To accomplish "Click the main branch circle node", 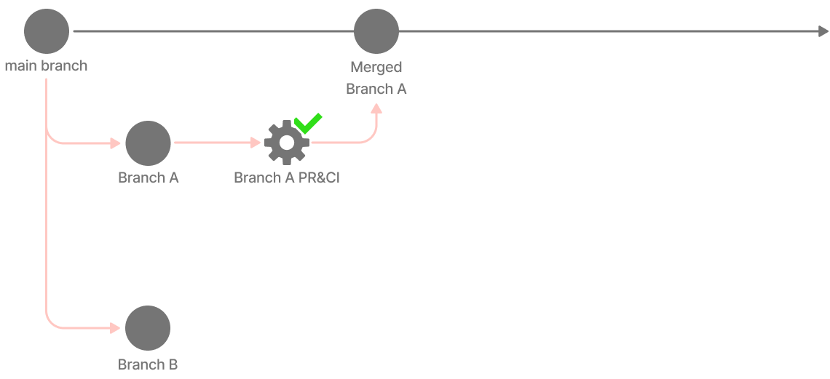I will (47, 31).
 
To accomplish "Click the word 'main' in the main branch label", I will (21, 66).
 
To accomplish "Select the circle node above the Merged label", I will (376, 31).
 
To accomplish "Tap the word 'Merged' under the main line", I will (376, 67).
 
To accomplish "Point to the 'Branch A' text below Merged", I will (376, 89).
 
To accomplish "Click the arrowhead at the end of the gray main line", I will (823, 31).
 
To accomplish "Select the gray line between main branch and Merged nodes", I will (211, 31).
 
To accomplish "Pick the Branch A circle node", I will (148, 143).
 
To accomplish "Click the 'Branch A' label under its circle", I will (149, 178).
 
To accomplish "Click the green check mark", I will (309, 123).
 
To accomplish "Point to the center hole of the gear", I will (286, 143).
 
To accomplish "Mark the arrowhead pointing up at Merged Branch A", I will (376, 108).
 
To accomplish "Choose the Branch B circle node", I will (148, 328).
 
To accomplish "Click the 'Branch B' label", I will (148, 364).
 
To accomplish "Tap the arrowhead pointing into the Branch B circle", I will (115, 328).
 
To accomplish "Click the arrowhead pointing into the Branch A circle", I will (115, 143).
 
